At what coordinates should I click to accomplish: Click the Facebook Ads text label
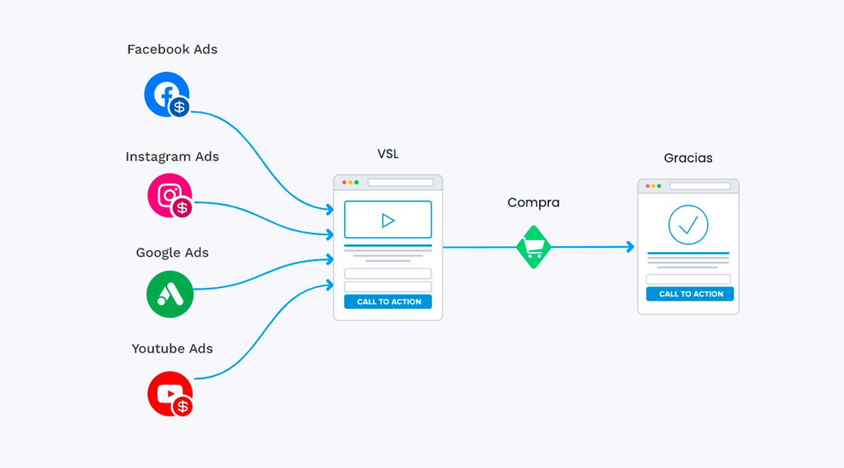pos(172,50)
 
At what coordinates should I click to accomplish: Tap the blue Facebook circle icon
pos(165,93)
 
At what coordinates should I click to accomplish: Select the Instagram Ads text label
pos(172,157)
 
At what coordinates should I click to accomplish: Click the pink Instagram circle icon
pos(168,194)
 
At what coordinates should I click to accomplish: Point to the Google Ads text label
pos(172,253)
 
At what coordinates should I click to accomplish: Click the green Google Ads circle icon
pos(169,294)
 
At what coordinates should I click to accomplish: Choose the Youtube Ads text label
pos(172,349)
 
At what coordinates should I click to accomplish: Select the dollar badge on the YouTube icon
pos(183,406)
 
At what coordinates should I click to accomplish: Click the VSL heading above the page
pos(388,154)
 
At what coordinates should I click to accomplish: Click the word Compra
pos(533,203)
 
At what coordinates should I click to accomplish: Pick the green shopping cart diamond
pos(534,247)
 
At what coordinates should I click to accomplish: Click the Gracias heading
pos(688,158)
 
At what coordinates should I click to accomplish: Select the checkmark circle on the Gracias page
pos(688,224)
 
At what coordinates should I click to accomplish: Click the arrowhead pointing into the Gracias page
pos(631,247)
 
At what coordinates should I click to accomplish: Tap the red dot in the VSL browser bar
pos(344,182)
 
